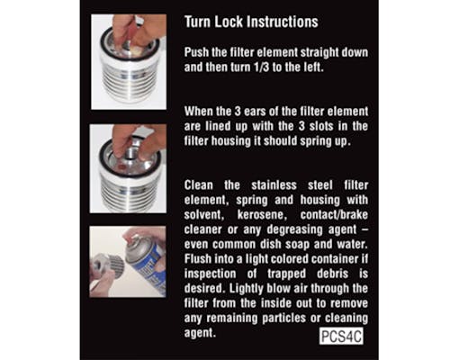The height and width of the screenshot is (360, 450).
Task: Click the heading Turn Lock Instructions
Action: (251, 22)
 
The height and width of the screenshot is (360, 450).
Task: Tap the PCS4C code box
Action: (341, 336)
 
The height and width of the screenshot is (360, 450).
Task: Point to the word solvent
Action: (202, 215)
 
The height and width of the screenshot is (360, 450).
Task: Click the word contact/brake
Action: (334, 215)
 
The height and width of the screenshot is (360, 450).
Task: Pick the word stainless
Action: (274, 185)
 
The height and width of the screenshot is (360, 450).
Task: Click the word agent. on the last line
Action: (200, 333)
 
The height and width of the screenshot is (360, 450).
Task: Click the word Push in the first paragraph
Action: (196, 52)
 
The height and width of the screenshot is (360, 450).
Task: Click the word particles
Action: (286, 319)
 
